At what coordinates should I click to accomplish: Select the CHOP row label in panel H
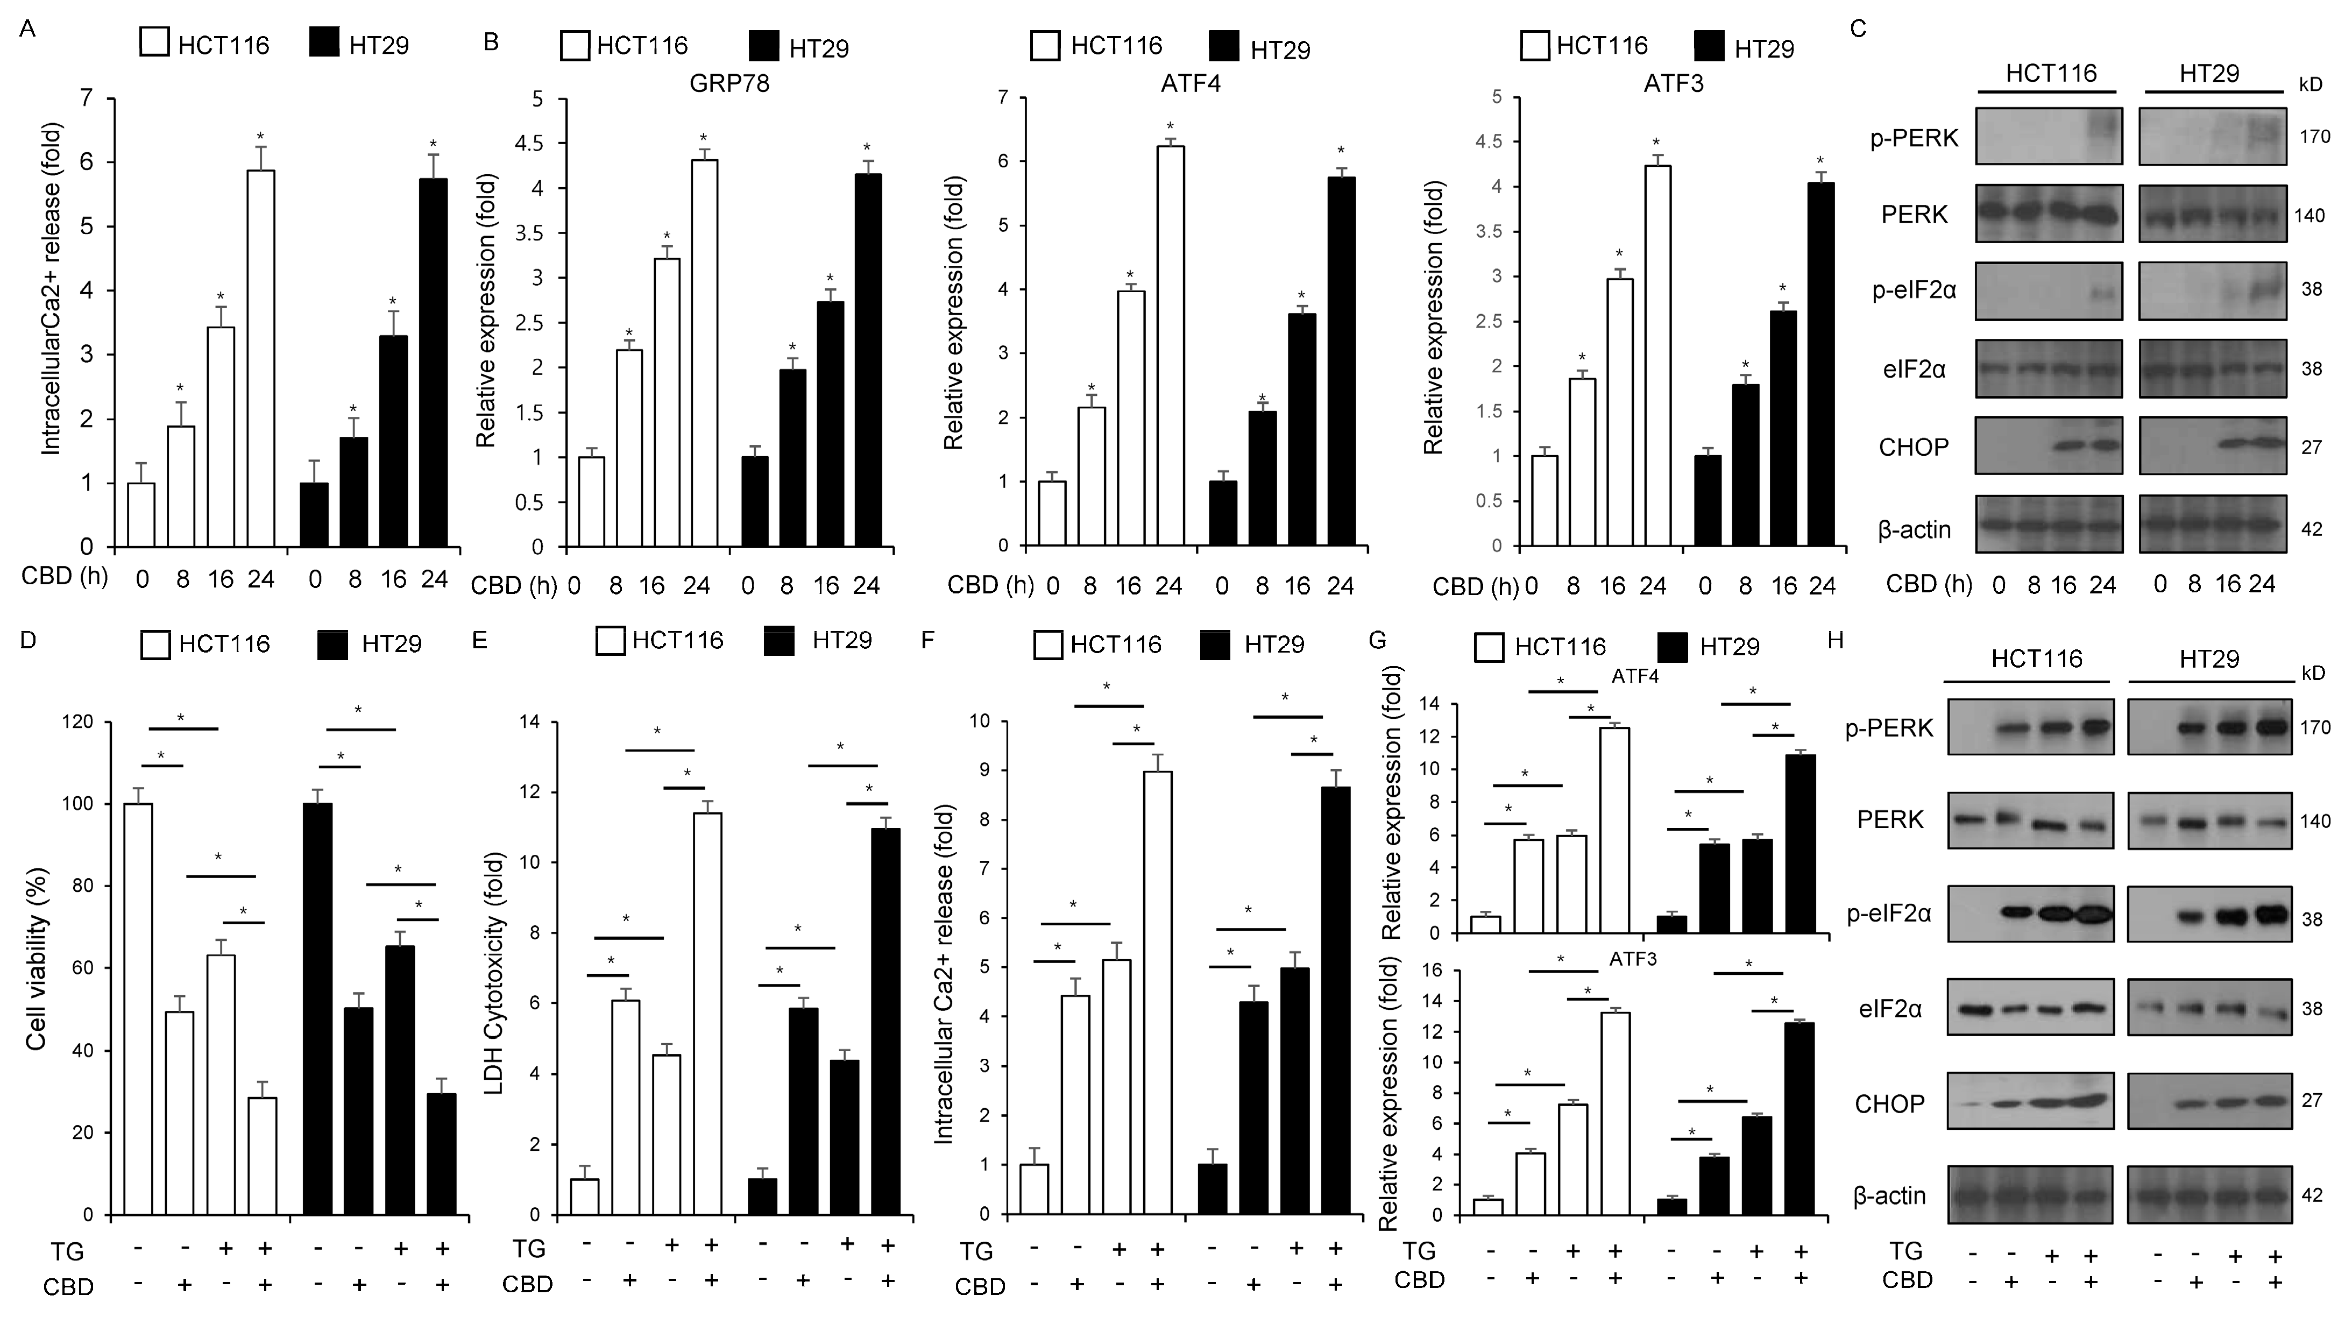[x=1890, y=1104]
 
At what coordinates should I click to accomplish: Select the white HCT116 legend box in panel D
[x=155, y=643]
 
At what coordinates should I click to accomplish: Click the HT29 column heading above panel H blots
[x=2208, y=659]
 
